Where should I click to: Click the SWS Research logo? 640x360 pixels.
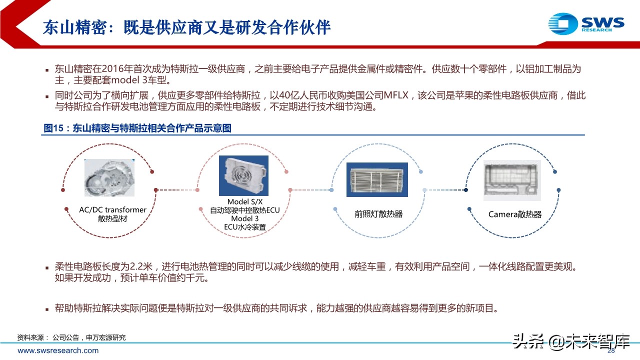click(x=586, y=22)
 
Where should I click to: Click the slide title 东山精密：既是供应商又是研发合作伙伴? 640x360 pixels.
click(x=186, y=27)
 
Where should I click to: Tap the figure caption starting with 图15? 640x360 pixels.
click(x=137, y=128)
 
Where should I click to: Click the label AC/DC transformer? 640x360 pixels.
click(x=112, y=210)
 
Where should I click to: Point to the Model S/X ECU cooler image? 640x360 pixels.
click(x=243, y=175)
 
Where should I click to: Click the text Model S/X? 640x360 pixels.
click(x=245, y=202)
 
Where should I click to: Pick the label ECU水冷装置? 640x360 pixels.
click(x=245, y=227)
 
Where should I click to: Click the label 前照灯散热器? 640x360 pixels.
click(x=378, y=214)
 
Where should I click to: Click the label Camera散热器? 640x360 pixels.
click(x=515, y=214)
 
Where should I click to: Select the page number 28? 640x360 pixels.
click(x=610, y=351)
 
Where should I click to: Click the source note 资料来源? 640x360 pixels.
click(x=30, y=337)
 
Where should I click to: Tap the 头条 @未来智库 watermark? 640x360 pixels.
click(x=570, y=341)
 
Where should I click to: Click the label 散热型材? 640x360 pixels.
click(x=112, y=219)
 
